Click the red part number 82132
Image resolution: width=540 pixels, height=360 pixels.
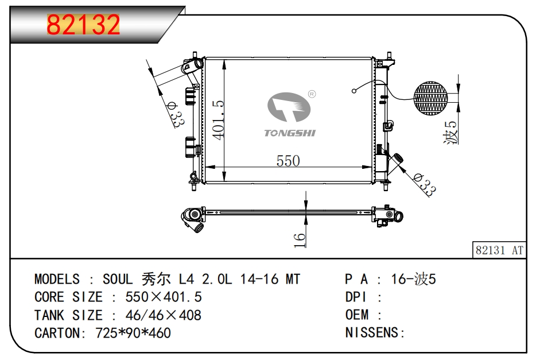[83, 25]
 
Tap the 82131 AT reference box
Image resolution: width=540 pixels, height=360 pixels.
[499, 250]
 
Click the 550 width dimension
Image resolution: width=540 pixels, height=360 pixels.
[288, 161]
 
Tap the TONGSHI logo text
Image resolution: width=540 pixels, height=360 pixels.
[290, 133]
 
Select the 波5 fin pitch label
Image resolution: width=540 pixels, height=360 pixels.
[452, 133]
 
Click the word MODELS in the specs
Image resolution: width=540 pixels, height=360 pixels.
[57, 280]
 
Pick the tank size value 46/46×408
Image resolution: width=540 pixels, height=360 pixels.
[156, 315]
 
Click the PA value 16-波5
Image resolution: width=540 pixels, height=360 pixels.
[413, 280]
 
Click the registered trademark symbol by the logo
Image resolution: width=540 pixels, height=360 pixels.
[312, 94]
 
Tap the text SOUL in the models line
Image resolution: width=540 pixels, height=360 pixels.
[118, 280]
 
